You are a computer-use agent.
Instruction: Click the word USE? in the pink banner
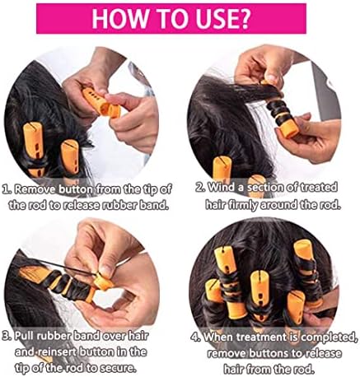221,19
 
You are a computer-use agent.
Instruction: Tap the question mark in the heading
243,19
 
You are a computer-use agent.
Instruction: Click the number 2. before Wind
200,188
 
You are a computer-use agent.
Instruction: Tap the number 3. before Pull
7,336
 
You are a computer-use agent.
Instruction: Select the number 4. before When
196,337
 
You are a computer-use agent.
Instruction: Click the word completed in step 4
327,337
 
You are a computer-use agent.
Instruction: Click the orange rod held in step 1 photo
101,102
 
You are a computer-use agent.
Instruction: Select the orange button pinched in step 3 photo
103,282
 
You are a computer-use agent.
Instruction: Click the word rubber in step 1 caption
119,205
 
